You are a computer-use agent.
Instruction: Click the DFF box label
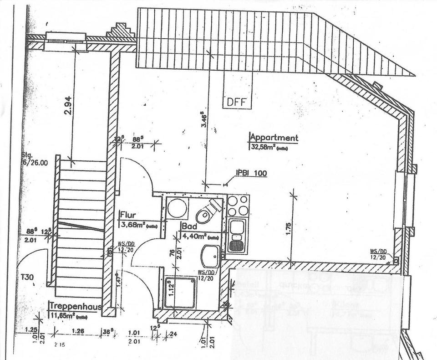236,102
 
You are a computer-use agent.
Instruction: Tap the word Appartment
274,138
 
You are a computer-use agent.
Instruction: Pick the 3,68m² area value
131,224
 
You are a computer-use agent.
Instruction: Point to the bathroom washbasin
210,257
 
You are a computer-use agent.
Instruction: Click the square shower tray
179,293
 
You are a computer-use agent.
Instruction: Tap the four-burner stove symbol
238,206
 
